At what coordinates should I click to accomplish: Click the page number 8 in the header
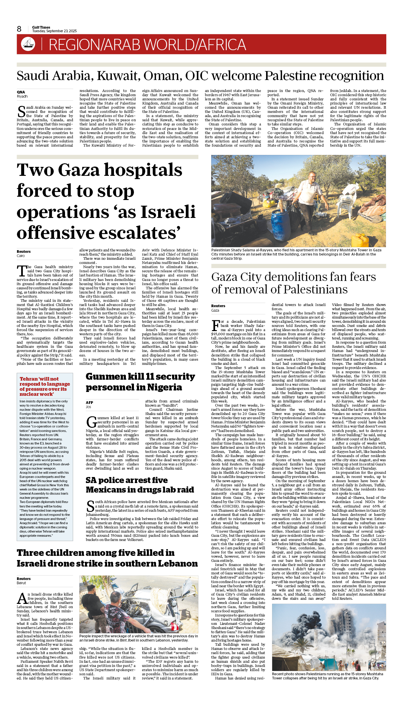pos(19,29)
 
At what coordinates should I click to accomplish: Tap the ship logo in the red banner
pos(28,44)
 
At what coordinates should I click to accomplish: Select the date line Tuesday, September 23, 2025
pos(54,31)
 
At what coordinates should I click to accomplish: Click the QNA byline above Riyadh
pos(21,92)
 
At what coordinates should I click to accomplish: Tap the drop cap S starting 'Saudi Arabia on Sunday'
pos(21,112)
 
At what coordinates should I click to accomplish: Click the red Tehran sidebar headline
pos(45,386)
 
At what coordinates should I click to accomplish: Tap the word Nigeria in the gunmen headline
pos(164,387)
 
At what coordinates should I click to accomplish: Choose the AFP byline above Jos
pos(89,403)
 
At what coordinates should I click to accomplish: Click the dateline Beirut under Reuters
pos(21,583)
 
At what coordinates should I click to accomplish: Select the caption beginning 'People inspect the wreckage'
pos(139,638)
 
